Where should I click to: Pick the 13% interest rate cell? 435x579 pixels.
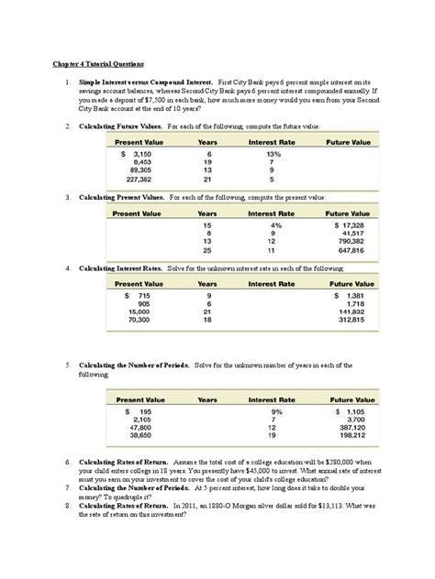click(x=272, y=154)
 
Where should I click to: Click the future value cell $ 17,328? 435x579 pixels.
click(x=350, y=224)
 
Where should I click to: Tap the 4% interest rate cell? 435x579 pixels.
click(x=272, y=224)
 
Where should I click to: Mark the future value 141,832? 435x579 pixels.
click(x=351, y=313)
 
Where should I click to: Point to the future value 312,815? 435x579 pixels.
click(x=351, y=322)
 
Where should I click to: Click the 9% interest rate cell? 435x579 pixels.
click(x=272, y=412)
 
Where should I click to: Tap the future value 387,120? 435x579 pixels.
click(x=351, y=428)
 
